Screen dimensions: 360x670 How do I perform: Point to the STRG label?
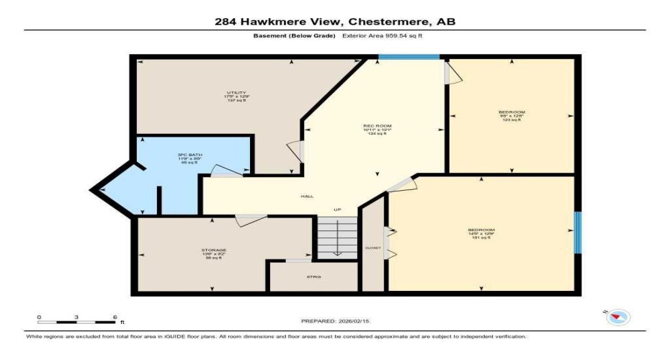[x=313, y=276]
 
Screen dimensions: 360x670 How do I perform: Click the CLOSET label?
[x=373, y=247]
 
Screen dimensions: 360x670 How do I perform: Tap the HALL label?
[x=307, y=196]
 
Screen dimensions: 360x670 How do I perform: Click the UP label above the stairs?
[x=336, y=210]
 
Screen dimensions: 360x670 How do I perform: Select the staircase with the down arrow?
[x=337, y=238]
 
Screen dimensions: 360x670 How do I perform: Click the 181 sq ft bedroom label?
[x=481, y=233]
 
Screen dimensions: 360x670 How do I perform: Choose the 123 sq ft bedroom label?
[x=512, y=115]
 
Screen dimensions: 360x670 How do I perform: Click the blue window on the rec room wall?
[x=409, y=56]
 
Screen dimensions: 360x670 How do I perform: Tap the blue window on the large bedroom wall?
[x=577, y=233]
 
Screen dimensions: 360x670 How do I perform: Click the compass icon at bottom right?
[x=619, y=316]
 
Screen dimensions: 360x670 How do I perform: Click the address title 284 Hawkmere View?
[x=334, y=22]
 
